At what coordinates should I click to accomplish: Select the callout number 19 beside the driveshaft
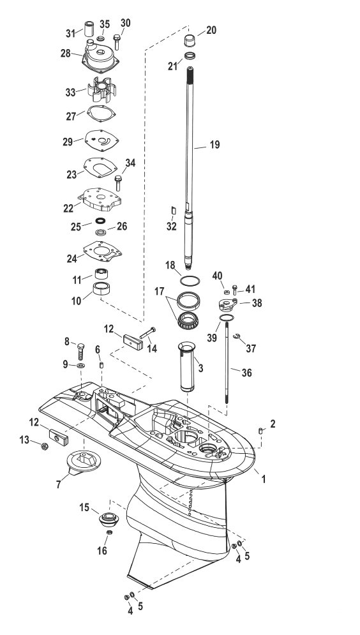pyautogui.click(x=214, y=145)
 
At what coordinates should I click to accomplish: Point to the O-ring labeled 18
pyautogui.click(x=190, y=280)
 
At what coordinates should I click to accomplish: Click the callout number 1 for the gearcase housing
pyautogui.click(x=264, y=479)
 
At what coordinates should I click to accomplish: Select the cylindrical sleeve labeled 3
pyautogui.click(x=186, y=366)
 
